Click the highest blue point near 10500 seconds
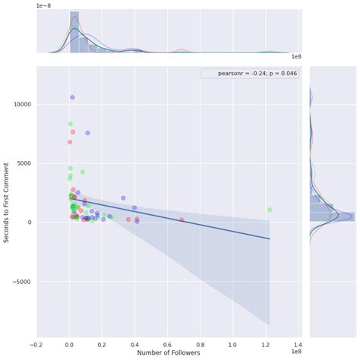pos(72,97)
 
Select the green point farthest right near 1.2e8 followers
pos(270,210)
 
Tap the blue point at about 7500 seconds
pos(87,133)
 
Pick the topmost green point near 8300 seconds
pos(70,124)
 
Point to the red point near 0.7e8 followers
pos(182,219)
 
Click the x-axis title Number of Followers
pos(169,353)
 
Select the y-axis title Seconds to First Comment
pos(7,202)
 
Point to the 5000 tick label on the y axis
pos(24,163)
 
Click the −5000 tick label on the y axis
pos(22,282)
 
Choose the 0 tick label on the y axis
pos(30,223)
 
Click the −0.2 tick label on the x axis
pos(36,344)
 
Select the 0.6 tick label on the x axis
pos(168,344)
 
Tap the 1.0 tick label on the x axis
pos(234,344)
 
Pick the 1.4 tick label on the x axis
pos(300,344)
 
